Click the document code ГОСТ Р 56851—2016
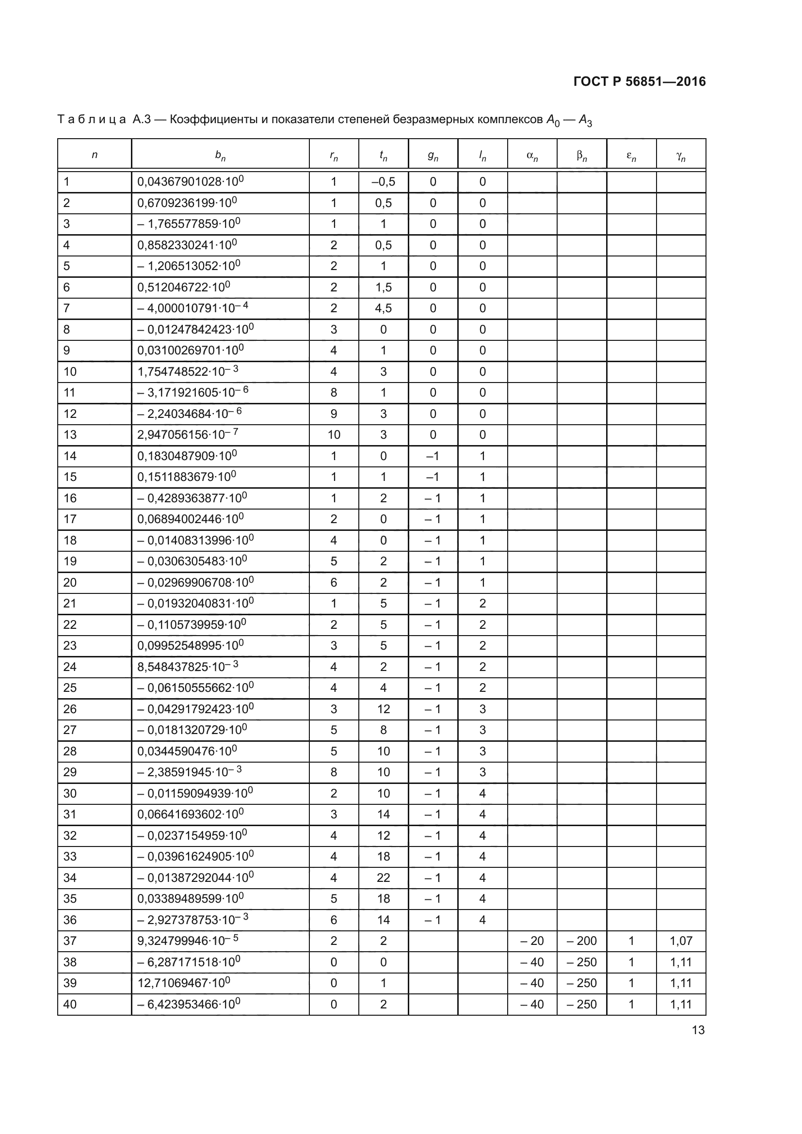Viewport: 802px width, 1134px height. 640,81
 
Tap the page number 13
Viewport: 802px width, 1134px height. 698,1030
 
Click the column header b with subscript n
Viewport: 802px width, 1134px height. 220,156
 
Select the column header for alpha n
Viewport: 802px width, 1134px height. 532,156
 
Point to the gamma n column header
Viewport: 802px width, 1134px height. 680,156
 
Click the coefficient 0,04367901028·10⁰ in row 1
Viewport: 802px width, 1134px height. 190,182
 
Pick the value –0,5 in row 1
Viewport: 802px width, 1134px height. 383,182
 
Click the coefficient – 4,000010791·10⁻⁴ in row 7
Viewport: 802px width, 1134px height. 192,308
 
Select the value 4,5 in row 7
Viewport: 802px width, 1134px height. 383,308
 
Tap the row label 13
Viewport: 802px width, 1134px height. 70,434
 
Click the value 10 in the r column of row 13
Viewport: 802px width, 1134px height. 334,434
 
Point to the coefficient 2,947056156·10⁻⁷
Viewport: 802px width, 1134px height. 188,434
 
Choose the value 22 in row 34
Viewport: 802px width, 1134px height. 383,878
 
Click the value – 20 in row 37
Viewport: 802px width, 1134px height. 532,941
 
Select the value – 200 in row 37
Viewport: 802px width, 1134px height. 582,941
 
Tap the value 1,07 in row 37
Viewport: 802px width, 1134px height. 680,941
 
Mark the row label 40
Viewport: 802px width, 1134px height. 70,1004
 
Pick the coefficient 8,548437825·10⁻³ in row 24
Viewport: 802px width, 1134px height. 188,667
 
